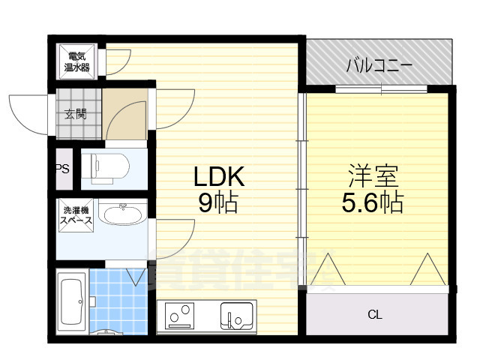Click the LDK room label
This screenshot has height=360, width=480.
pos(220,177)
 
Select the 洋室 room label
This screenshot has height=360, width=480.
pos(373,177)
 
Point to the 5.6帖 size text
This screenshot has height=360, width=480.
pos(373,202)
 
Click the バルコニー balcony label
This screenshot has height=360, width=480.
pos(379,66)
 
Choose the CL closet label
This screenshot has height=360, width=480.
pos(374,314)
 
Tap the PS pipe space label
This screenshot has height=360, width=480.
pos(62,169)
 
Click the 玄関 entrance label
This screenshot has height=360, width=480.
pos(75,114)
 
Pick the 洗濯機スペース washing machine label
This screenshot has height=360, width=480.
pos(76,215)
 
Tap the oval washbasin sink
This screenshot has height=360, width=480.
pos(122,216)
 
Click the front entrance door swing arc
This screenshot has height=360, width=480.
pos(28,112)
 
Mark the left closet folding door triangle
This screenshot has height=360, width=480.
pos(328,271)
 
